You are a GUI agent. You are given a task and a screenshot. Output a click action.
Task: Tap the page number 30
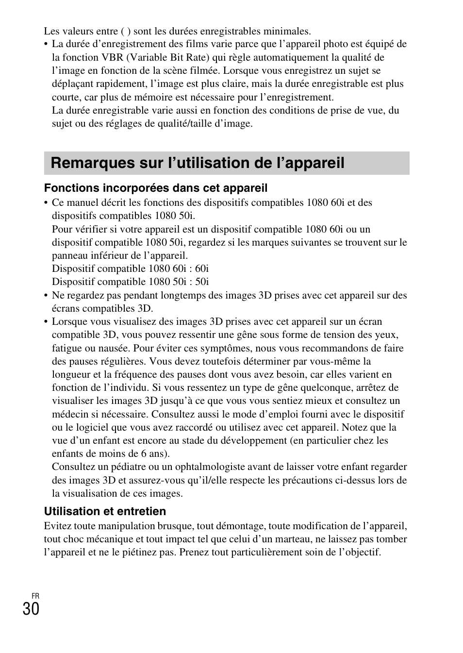pyautogui.click(x=31, y=608)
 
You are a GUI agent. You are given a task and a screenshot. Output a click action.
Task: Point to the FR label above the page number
pyautogui.click(x=35, y=596)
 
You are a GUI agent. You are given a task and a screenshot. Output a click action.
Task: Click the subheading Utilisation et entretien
pyautogui.click(x=105, y=511)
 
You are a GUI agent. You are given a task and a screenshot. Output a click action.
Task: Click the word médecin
pyautogui.click(x=68, y=414)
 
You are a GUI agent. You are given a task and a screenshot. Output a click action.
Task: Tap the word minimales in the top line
pyautogui.click(x=286, y=31)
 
